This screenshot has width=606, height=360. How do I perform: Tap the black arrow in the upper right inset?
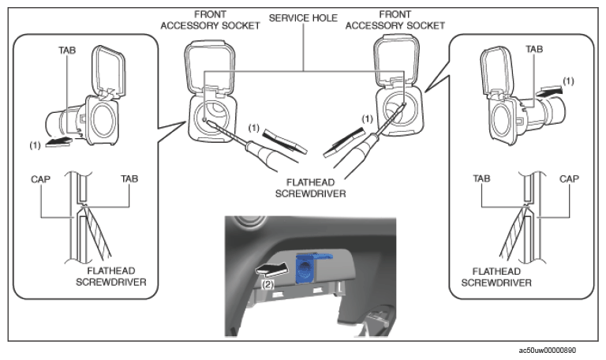(x=552, y=91)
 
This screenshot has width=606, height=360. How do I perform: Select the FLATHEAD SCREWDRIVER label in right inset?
(x=500, y=276)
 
